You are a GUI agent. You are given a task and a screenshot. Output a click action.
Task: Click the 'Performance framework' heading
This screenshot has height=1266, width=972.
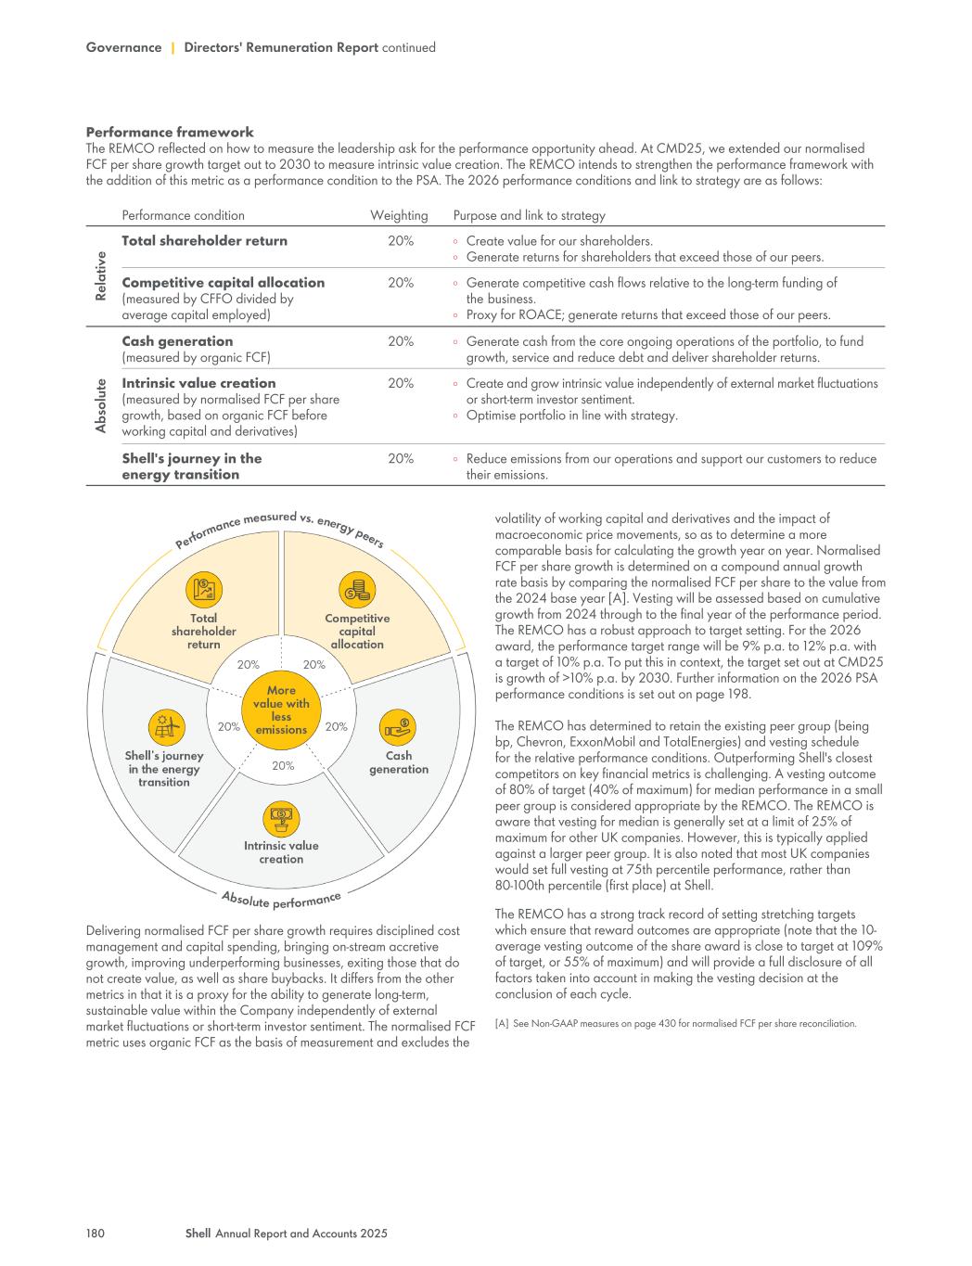[x=170, y=133]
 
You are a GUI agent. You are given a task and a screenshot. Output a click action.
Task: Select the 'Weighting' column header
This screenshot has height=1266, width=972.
[x=399, y=215]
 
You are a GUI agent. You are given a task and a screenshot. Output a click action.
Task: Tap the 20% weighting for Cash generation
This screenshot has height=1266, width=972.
[x=401, y=341]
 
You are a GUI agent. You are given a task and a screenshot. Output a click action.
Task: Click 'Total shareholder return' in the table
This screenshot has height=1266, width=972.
[x=204, y=241]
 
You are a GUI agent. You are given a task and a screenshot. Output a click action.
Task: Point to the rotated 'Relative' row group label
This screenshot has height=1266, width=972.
[x=100, y=275]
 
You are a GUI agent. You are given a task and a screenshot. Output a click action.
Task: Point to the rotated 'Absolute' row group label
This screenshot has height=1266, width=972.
[x=100, y=404]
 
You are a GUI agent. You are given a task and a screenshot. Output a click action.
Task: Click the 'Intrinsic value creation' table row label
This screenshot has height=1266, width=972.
[x=198, y=383]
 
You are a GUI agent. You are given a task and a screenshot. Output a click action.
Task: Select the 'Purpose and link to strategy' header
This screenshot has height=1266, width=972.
[x=529, y=215]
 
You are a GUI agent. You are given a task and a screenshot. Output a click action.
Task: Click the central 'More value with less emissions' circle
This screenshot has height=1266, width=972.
[x=281, y=710]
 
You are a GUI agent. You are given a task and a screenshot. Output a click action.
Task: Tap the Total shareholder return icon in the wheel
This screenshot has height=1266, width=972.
[x=203, y=590]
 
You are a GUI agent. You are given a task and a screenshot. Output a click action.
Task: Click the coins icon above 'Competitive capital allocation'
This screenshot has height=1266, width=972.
[x=357, y=589]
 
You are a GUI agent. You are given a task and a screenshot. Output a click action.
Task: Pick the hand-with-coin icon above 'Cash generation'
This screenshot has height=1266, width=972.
[x=399, y=727]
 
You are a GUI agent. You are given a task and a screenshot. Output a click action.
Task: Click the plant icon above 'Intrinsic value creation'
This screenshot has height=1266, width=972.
[x=280, y=818]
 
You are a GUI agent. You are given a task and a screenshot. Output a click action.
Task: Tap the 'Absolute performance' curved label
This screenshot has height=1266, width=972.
[x=281, y=899]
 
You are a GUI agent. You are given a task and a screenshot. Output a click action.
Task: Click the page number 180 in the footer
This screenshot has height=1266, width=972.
[x=95, y=1234]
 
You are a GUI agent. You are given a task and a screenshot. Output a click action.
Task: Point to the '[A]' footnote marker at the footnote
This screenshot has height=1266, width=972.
[x=502, y=1024]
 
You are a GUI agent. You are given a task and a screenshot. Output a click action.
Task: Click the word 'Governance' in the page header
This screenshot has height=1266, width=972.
[x=123, y=47]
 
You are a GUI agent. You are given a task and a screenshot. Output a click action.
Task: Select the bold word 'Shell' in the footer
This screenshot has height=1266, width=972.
[x=198, y=1234]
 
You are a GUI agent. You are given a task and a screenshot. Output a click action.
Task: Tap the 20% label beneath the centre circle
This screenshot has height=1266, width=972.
[x=283, y=766]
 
